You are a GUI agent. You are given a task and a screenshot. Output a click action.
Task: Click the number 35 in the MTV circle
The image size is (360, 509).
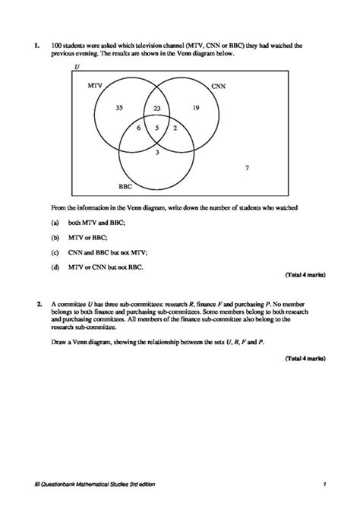tap(119, 108)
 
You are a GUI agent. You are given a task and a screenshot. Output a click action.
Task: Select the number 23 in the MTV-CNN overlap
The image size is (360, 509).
tap(157, 109)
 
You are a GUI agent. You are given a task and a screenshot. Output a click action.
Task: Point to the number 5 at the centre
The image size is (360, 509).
tap(157, 128)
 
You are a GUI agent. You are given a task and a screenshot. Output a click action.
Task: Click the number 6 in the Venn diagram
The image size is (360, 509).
tap(138, 128)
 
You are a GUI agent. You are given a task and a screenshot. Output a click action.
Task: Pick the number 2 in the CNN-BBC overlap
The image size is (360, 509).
tap(175, 128)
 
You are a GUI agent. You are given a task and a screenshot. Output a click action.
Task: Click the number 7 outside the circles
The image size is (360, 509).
tap(248, 168)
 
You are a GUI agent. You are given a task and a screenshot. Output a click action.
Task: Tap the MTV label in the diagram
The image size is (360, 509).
tap(96, 87)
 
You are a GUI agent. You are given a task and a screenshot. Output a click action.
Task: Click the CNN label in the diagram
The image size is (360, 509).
tap(218, 87)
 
